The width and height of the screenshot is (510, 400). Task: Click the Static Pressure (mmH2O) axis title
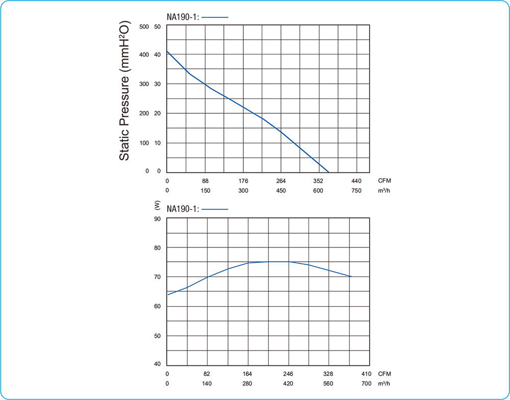pos(124,91)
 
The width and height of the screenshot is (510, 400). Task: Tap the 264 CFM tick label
pos(281,181)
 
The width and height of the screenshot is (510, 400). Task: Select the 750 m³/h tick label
pos(356,191)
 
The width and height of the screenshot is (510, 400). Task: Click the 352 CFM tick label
pos(319,181)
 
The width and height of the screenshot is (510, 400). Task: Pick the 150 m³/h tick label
pos(206,191)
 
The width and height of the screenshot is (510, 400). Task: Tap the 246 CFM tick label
pos(288,373)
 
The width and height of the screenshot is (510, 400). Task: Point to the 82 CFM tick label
pos(207,373)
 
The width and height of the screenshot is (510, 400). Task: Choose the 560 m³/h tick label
pos(328,383)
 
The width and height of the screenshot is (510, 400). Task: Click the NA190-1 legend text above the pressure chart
pos(183,17)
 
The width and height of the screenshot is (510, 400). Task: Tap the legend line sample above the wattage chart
pos(216,209)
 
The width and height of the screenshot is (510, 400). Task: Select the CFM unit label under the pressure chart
pos(385,181)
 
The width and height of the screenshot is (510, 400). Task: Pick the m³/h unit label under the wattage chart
pos(385,383)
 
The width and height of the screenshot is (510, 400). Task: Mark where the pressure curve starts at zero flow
pos(167,52)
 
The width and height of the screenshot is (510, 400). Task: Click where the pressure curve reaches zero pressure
pos(329,172)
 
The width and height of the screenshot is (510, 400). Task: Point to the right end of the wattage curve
pos(351,277)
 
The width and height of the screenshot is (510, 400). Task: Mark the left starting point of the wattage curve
pos(168,294)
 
